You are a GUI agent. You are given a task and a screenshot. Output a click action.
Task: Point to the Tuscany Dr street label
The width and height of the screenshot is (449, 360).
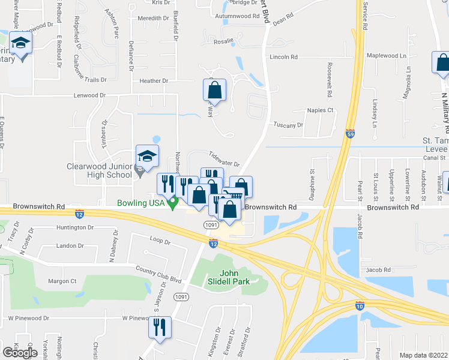tap(288, 125)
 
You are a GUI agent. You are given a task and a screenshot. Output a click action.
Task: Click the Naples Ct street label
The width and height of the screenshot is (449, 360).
tap(320, 110)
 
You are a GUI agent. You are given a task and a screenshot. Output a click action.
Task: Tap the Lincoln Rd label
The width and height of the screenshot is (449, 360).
tap(284, 57)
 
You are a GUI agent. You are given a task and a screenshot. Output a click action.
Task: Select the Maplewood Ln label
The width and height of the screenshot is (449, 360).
tap(387, 55)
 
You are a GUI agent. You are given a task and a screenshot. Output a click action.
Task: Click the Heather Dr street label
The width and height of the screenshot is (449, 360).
tap(154, 80)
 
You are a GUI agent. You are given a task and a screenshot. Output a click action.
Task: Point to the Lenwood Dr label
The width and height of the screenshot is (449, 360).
tap(89, 95)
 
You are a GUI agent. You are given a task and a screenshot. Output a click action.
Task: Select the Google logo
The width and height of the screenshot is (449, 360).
tap(19, 352)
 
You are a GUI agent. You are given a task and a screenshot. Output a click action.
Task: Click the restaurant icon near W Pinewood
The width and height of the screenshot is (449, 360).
tap(160, 328)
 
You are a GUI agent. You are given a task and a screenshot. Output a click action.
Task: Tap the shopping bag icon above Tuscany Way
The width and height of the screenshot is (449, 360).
tap(214, 91)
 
